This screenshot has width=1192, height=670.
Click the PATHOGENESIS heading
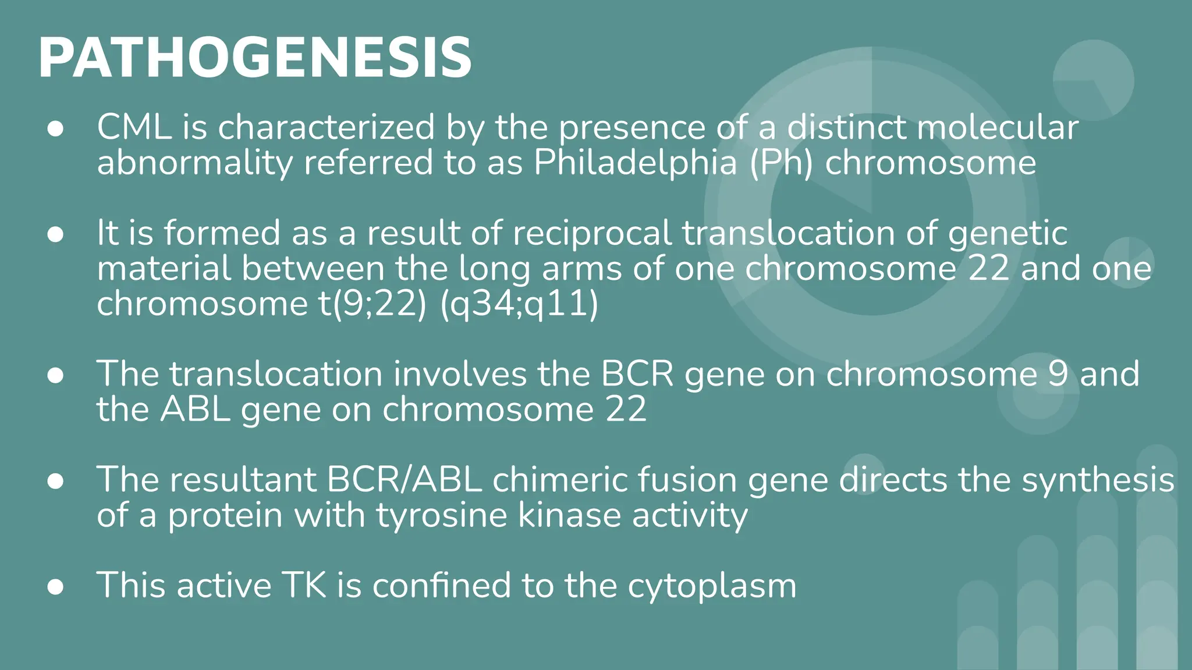click(254, 58)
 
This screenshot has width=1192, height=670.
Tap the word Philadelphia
click(635, 162)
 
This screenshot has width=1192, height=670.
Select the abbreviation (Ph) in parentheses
click(781, 162)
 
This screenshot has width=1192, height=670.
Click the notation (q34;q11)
click(519, 304)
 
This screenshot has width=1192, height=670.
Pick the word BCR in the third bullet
click(637, 374)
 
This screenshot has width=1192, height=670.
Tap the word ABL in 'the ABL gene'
click(194, 409)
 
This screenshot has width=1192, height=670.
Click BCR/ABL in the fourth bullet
click(404, 480)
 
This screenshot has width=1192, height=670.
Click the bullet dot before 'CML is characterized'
click(55, 130)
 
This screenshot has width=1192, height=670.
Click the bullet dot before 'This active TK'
click(55, 587)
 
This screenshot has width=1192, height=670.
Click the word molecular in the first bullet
click(998, 127)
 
